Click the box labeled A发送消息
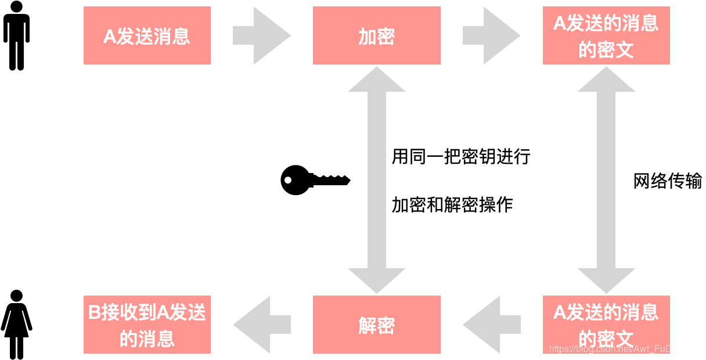(147, 35)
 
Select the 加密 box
(376, 35)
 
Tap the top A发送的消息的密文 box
(606, 35)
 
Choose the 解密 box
(376, 325)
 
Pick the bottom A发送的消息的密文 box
(606, 325)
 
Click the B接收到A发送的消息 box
(147, 325)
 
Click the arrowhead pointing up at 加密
(376, 80)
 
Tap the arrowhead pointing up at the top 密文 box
(606, 80)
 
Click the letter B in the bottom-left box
(95, 313)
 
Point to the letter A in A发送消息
(110, 37)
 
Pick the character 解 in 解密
(367, 326)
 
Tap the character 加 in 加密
(367, 37)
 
